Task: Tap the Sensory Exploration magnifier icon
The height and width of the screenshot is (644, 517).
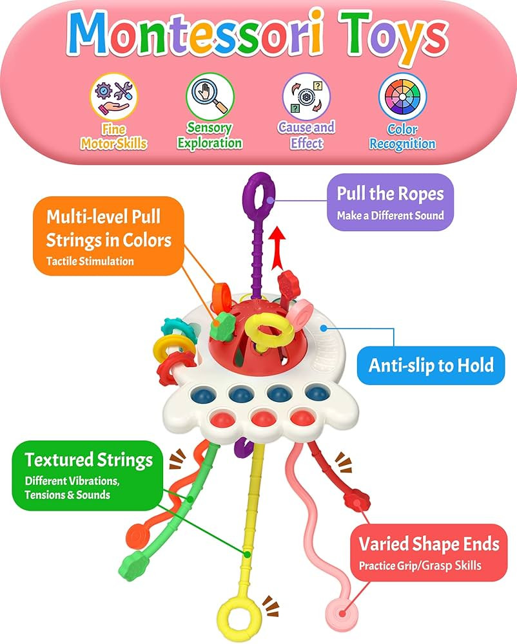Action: [210, 96]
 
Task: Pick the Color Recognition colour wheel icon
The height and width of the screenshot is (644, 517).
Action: [402, 96]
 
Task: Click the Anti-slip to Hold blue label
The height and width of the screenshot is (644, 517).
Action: [431, 365]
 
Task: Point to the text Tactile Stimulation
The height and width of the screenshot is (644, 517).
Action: [90, 261]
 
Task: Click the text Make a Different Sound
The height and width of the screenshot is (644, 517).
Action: [391, 216]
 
